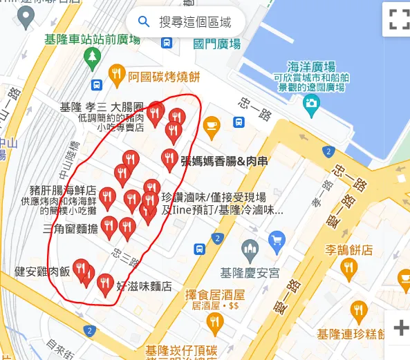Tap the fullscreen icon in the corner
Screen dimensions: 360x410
click(399, 19)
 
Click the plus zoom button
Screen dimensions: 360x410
click(400, 328)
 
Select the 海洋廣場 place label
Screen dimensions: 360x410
click(312, 67)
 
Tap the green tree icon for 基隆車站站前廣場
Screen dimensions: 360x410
click(93, 57)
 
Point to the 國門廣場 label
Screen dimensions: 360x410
click(217, 44)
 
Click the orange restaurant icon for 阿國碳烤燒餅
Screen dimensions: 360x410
click(118, 73)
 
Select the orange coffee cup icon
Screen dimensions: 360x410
click(210, 125)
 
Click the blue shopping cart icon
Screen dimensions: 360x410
click(277, 240)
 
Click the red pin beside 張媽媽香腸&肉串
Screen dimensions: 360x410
click(169, 159)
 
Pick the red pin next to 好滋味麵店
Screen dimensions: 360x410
click(104, 283)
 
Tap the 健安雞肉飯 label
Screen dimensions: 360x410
click(43, 272)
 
